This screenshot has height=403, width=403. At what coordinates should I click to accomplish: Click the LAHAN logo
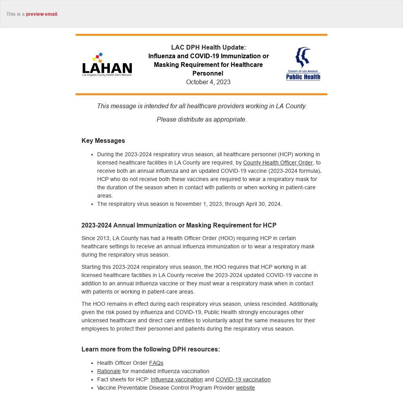click(107, 65)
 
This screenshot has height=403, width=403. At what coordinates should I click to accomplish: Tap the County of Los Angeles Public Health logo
click(303, 64)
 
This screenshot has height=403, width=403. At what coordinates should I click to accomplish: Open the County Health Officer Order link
click(278, 163)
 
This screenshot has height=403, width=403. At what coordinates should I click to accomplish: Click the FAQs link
click(156, 363)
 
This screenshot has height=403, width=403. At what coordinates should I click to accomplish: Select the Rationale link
click(109, 371)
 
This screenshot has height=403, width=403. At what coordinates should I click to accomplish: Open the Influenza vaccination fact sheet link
click(177, 379)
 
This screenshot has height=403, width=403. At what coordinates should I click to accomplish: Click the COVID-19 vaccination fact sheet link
click(243, 379)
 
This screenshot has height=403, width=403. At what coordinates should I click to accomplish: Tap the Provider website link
click(245, 388)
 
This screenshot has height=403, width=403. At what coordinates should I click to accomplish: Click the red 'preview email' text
click(42, 14)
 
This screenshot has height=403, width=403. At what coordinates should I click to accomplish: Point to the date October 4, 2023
click(208, 82)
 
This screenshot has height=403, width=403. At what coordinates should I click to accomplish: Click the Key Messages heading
click(103, 140)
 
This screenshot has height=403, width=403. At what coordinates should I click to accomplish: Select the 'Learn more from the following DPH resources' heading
click(151, 349)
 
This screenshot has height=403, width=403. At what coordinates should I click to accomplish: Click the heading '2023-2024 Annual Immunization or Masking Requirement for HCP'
click(179, 225)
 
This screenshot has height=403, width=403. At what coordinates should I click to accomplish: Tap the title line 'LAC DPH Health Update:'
click(208, 47)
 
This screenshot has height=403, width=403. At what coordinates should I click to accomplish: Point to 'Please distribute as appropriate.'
click(201, 119)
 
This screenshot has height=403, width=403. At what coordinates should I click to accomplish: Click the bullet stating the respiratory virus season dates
click(189, 204)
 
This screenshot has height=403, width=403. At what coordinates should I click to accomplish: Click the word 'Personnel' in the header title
click(208, 73)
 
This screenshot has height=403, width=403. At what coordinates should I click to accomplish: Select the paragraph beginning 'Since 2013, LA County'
click(198, 246)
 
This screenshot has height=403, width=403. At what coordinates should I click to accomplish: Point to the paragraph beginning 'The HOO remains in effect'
click(200, 316)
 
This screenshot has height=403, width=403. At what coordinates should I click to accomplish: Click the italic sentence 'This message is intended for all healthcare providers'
click(201, 106)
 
